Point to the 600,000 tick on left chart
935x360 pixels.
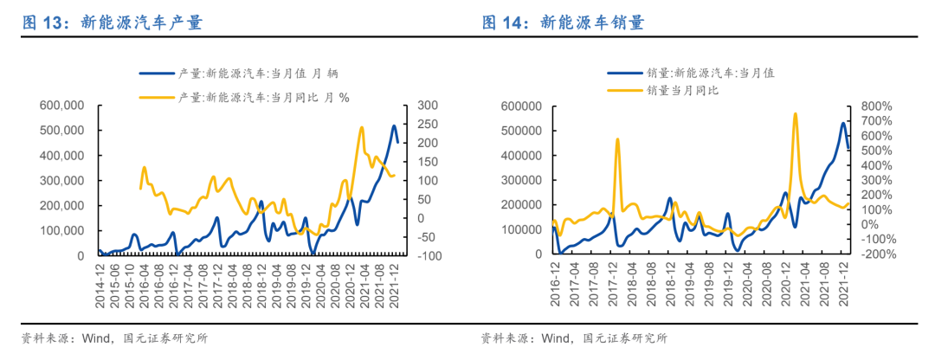pyautogui.click(x=61, y=106)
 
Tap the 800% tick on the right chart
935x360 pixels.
pyautogui.click(x=874, y=106)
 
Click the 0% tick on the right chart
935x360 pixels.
pyautogui.click(x=865, y=225)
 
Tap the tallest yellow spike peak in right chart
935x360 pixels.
pyautogui.click(x=795, y=113)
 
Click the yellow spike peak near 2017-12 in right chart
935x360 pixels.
pyautogui.click(x=617, y=138)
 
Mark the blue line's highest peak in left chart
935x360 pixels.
pyautogui.click(x=394, y=126)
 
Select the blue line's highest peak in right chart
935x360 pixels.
pyautogui.click(x=843, y=123)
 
